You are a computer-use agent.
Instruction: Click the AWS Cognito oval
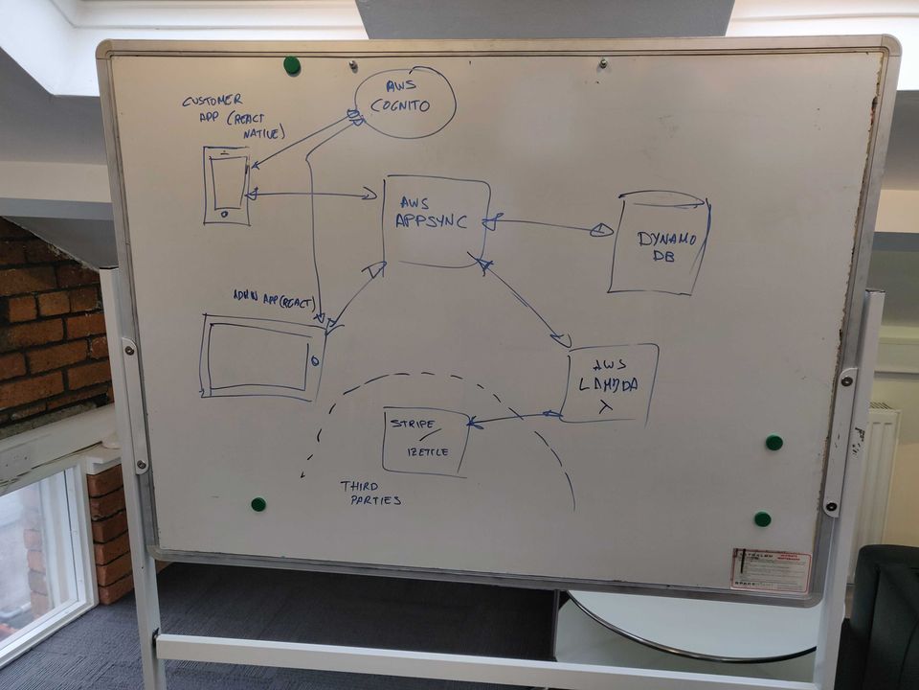(405, 103)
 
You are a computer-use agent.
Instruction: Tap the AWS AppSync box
(436, 221)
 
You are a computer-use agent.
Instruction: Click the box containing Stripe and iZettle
(426, 441)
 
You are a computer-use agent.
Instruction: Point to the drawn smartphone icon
(227, 186)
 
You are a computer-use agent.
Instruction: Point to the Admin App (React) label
(273, 299)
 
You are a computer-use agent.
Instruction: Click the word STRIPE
(413, 424)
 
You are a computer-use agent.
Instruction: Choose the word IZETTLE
(428, 451)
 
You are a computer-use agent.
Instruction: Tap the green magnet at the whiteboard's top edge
(292, 65)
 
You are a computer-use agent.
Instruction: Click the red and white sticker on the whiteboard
(771, 570)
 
